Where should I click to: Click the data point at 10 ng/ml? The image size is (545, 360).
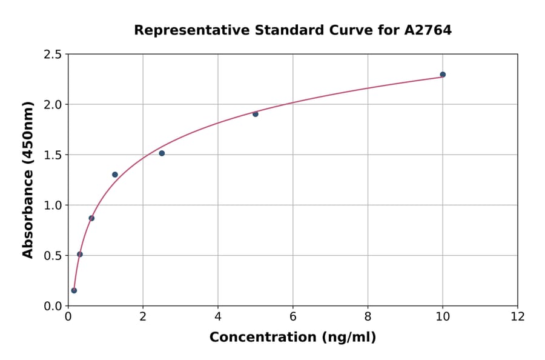coord(443,75)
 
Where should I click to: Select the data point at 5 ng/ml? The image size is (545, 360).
coord(256,114)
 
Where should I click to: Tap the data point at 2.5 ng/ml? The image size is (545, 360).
coord(162,153)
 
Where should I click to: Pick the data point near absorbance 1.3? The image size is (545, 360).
coord(115,175)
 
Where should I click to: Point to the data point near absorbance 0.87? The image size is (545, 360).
coord(91,218)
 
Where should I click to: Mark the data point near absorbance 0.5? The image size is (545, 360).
coord(80,255)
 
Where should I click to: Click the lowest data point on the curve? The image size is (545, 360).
coord(74,290)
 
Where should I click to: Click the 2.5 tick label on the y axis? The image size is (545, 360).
coord(53,55)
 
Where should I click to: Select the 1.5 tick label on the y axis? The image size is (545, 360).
coord(53,155)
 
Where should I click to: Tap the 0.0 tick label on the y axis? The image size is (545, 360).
coord(53,306)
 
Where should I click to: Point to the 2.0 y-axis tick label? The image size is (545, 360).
coord(53,105)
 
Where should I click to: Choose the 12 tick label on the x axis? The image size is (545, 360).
coord(518,317)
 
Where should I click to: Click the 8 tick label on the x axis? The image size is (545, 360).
coord(368,317)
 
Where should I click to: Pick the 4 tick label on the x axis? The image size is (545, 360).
coord(218,317)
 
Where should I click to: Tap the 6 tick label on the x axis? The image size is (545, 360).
coord(293,317)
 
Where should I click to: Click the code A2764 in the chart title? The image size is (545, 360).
coord(428,30)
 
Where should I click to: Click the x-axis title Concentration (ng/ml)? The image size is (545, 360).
coord(292,338)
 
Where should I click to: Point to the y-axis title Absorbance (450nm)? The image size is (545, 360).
coord(28,179)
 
